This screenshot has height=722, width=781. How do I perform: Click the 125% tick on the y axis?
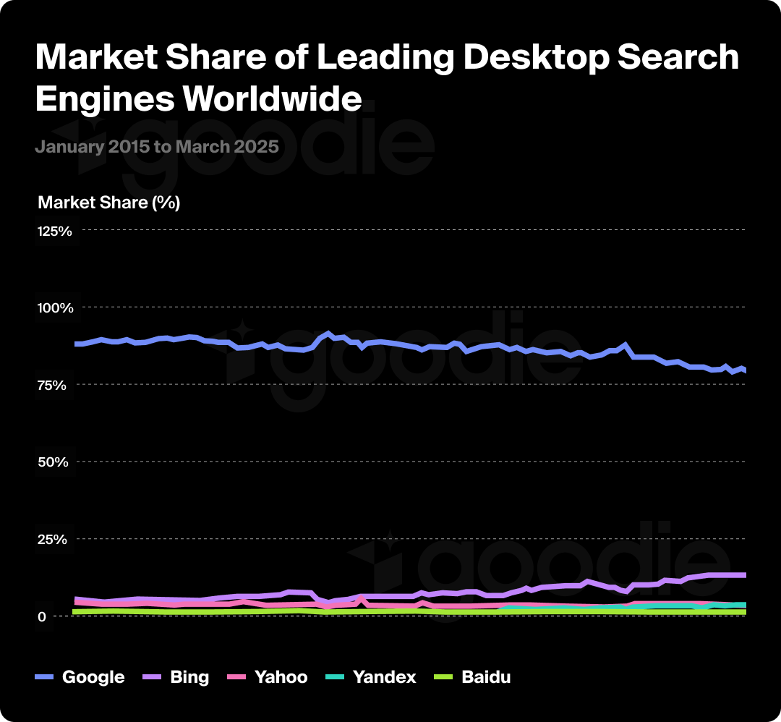pyautogui.click(x=55, y=232)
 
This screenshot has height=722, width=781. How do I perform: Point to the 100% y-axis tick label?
pyautogui.click(x=55, y=308)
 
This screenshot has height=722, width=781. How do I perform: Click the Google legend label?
pyautogui.click(x=93, y=678)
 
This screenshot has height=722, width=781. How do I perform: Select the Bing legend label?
pyautogui.click(x=189, y=678)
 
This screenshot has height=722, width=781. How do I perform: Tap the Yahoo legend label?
pyautogui.click(x=281, y=678)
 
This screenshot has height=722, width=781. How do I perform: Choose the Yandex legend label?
pyautogui.click(x=384, y=678)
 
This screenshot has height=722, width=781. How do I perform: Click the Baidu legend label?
pyautogui.click(x=486, y=678)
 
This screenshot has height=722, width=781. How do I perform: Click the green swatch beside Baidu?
pyautogui.click(x=443, y=678)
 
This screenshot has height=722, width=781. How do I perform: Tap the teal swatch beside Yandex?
pyautogui.click(x=334, y=678)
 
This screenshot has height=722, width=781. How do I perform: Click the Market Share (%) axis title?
pyautogui.click(x=108, y=203)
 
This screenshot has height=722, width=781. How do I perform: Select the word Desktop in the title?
pyautogui.click(x=535, y=58)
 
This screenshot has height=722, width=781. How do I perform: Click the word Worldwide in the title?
pyautogui.click(x=272, y=98)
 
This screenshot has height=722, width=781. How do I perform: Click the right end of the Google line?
pyautogui.click(x=745, y=370)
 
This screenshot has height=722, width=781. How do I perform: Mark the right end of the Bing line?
pyautogui.click(x=745, y=575)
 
